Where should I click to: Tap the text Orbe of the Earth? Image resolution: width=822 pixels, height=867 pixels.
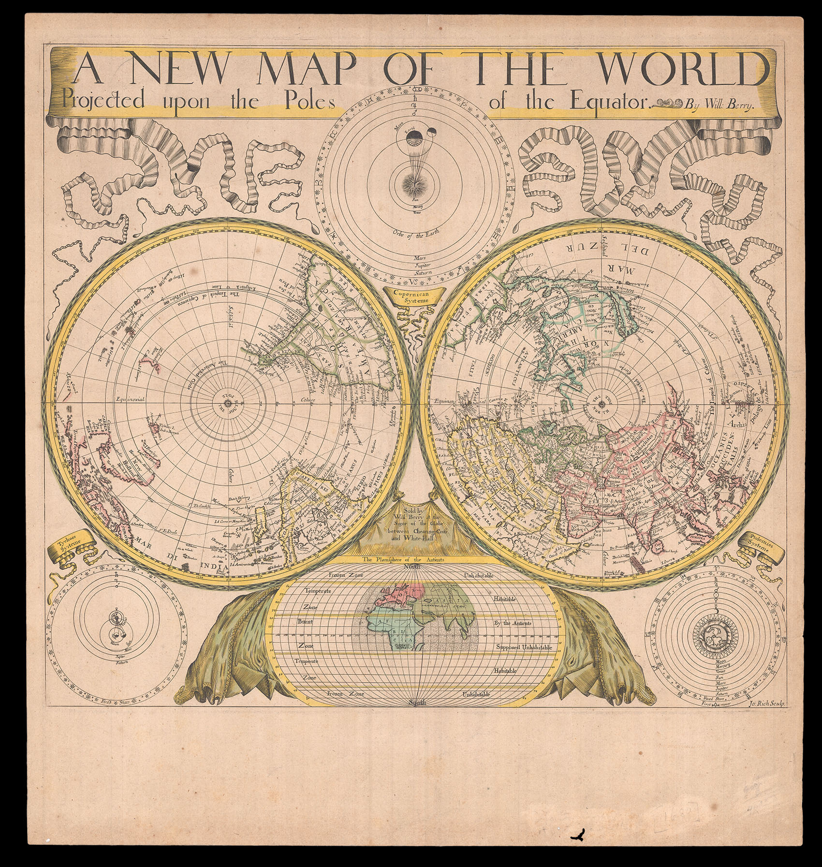pos(414,236)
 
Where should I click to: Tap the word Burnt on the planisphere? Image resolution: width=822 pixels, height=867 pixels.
pos(306,621)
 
